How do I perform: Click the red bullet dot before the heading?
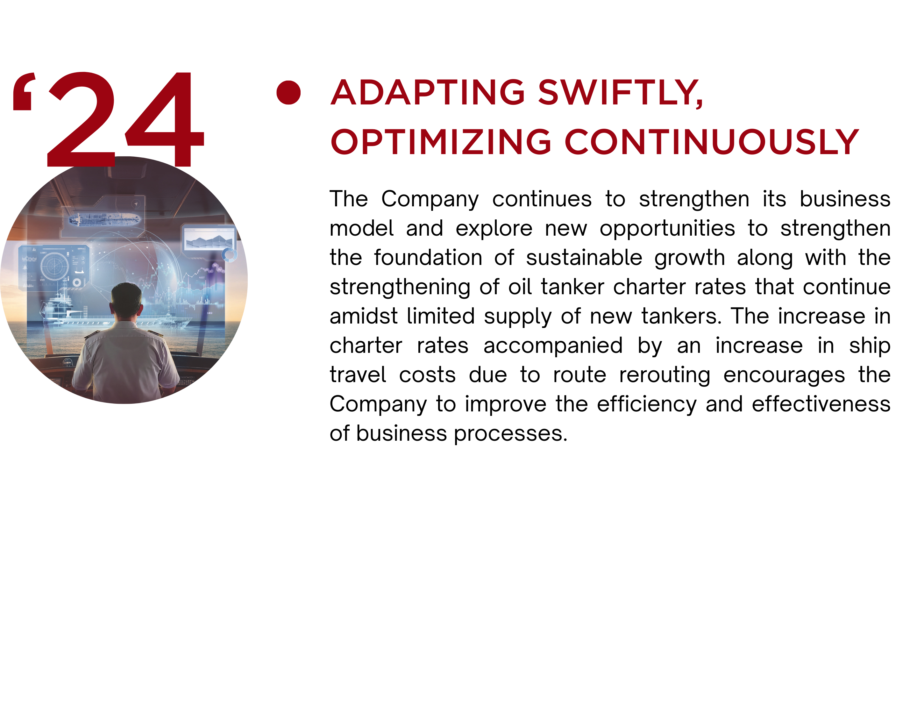288,92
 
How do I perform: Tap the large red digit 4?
164,120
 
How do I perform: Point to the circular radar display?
54,266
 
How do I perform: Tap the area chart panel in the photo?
209,239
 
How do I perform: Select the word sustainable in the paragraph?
584,258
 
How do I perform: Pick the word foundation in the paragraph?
428,258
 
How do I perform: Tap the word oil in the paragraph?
520,287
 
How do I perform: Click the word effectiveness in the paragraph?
821,404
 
